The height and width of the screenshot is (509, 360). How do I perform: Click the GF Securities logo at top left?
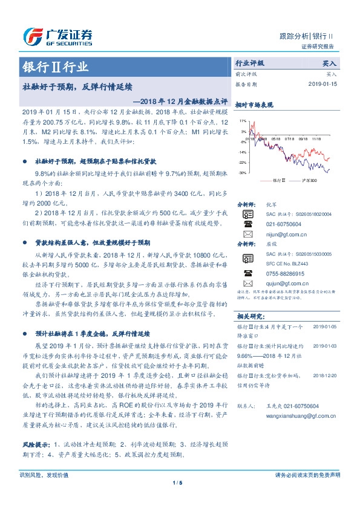57,36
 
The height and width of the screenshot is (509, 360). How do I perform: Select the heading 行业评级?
249,62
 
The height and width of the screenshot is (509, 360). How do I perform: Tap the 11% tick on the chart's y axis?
243,121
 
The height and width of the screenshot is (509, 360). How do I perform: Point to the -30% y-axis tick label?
242,173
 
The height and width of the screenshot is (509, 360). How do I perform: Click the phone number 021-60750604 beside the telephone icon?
283,224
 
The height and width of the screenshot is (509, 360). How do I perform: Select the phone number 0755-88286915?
284,274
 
